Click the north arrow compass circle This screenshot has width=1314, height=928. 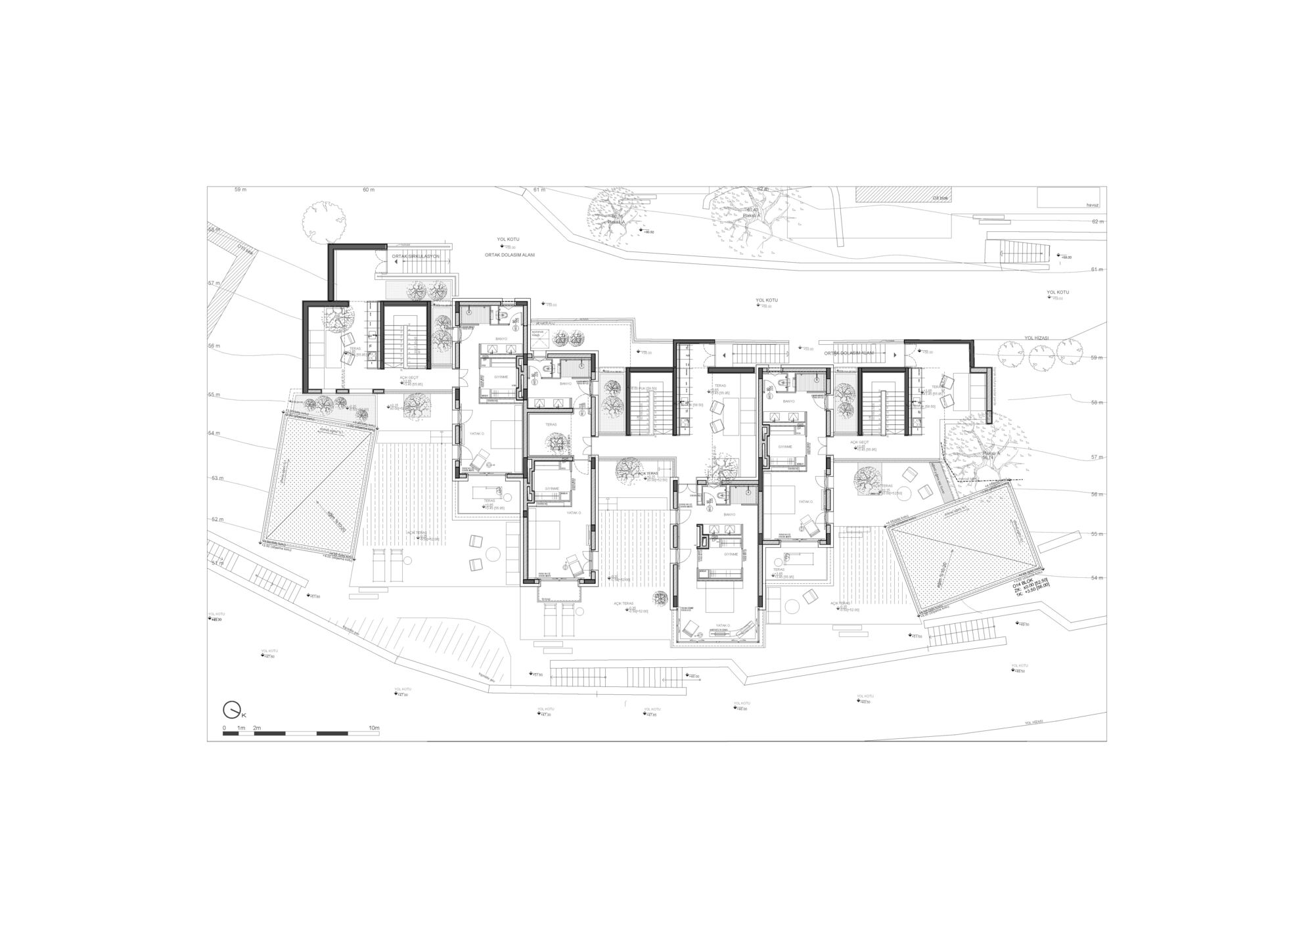point(231,710)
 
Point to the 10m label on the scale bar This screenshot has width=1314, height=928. point(374,728)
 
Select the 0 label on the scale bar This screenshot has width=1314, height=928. point(224,728)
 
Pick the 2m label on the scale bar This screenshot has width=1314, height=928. point(258,728)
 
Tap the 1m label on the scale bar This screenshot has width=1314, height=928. point(241,728)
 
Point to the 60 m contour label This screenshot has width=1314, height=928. point(368,190)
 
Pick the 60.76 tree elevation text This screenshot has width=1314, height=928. point(616,217)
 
